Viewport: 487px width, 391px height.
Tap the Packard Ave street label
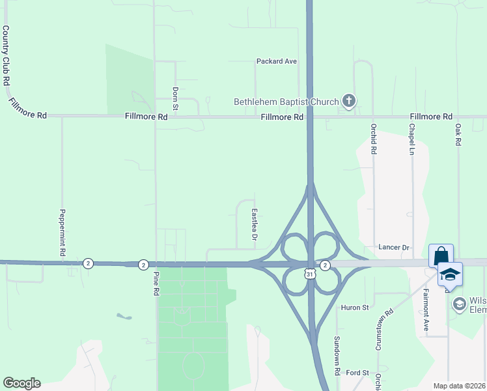click(276, 61)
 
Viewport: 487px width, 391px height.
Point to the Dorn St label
click(175, 98)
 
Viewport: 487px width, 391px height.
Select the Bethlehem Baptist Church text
click(286, 102)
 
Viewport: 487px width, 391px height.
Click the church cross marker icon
click(349, 101)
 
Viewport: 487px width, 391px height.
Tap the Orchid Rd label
click(374, 138)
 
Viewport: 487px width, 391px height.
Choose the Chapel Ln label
click(412, 138)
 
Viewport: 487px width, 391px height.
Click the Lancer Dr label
click(394, 248)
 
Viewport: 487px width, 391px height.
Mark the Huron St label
click(355, 307)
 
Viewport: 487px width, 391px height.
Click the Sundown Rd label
click(337, 355)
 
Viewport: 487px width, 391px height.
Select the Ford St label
click(357, 373)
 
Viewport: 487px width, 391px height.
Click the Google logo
click(21, 383)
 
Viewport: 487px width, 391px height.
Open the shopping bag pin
click(441, 255)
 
